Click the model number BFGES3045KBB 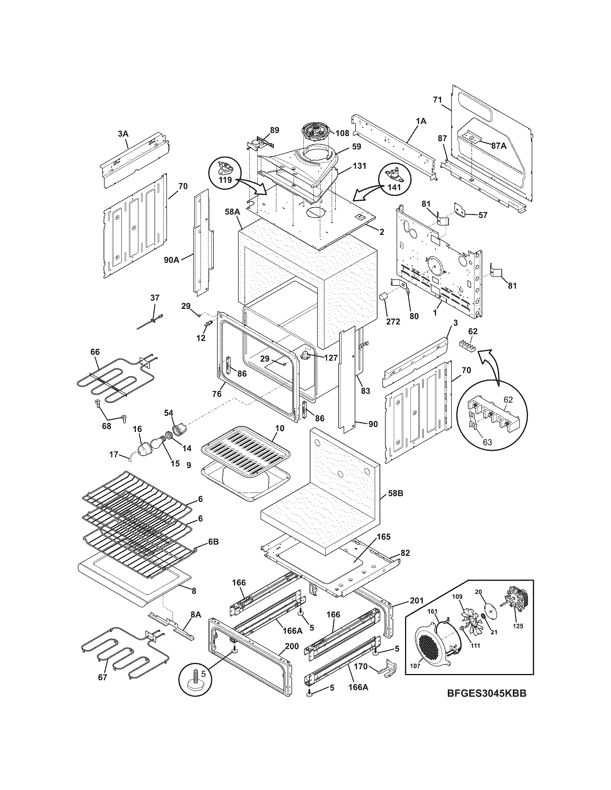(486, 703)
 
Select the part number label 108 (342, 133)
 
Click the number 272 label (392, 321)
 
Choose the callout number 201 (416, 601)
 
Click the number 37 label (155, 298)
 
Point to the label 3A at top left (123, 134)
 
